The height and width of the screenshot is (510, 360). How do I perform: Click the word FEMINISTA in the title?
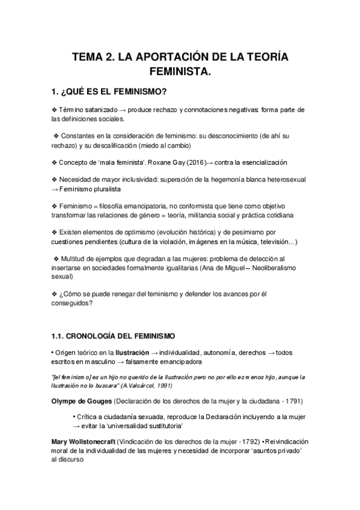180,72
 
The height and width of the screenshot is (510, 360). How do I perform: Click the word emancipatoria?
142,206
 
